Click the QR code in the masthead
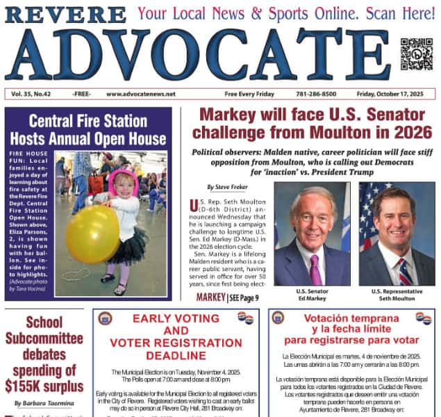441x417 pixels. [x=416, y=54]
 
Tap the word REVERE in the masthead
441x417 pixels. [x=66, y=15]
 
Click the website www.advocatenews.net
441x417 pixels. [x=141, y=94]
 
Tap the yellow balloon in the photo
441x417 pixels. [x=92, y=234]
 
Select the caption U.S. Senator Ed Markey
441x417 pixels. [x=311, y=295]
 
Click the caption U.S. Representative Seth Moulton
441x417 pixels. [x=397, y=295]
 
